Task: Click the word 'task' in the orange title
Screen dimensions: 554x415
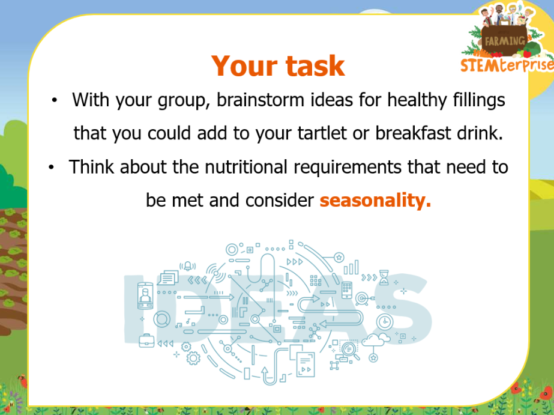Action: (315, 66)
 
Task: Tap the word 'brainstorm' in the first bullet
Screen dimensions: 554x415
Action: (260, 100)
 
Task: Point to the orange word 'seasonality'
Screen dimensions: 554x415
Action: (375, 201)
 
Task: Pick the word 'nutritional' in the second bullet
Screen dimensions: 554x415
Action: (246, 166)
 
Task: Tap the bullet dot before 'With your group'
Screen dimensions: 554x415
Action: (54, 100)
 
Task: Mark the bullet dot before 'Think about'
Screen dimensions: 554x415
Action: (51, 167)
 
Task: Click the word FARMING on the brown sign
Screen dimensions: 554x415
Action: (505, 41)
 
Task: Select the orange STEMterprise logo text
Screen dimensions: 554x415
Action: (507, 65)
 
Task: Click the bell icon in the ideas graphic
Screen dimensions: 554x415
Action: (188, 266)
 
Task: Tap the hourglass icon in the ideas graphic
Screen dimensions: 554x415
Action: (384, 277)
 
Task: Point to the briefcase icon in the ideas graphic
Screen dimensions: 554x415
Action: (146, 341)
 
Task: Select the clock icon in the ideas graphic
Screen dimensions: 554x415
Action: (385, 322)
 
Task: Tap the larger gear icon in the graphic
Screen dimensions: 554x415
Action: (193, 359)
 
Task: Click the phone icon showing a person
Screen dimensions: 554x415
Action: (145, 295)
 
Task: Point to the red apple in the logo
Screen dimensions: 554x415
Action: (528, 53)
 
